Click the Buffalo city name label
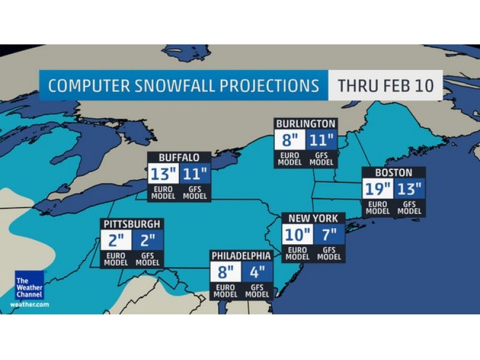tap(179, 158)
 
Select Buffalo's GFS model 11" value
tap(194, 175)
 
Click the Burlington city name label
tap(305, 124)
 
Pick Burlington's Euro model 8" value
tap(290, 141)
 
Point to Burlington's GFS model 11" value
tap(322, 141)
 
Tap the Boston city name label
tap(394, 172)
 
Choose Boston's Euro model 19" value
tap(377, 189)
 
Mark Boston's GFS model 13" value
tap(410, 189)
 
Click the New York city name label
tap(313, 218)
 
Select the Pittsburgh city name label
tap(132, 224)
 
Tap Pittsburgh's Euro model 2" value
tap(116, 241)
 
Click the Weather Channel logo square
tap(30, 285)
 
